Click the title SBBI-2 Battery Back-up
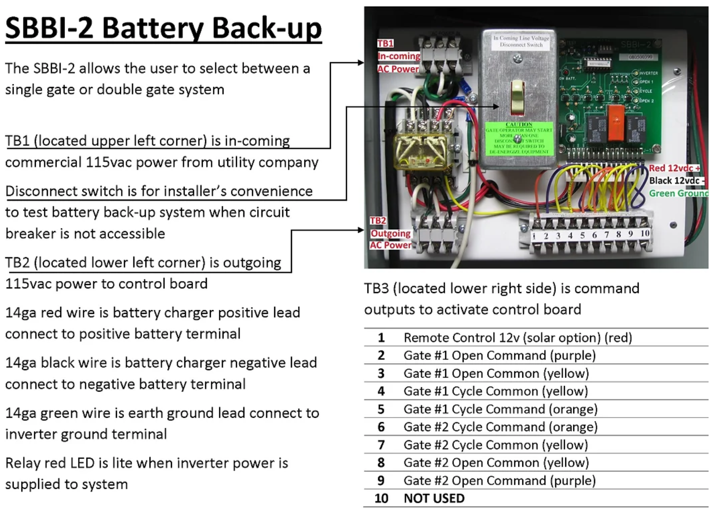(164, 28)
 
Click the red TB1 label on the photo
(385, 43)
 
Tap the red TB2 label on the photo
(378, 220)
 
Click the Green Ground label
(679, 193)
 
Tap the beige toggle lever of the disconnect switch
(518, 97)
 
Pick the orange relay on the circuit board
(615, 122)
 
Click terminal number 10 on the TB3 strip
(645, 233)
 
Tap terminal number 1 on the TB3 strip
(534, 236)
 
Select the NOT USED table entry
(434, 499)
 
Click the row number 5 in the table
(381, 409)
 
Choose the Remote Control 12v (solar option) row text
(518, 338)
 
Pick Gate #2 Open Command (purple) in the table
(499, 480)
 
